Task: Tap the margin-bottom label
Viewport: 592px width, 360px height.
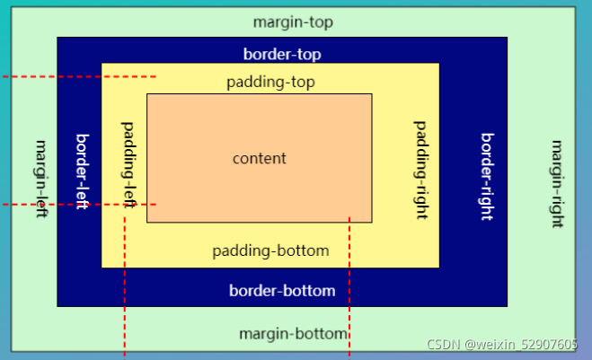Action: tap(293, 334)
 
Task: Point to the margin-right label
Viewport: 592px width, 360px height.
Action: tap(556, 183)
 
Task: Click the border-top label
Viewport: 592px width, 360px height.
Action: tap(281, 54)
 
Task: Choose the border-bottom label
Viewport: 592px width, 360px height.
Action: tap(282, 291)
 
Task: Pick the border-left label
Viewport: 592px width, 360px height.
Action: tap(82, 171)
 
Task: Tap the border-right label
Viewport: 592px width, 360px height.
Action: tap(487, 176)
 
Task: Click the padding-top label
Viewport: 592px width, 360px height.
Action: tap(270, 83)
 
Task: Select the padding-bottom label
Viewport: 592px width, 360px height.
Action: tap(270, 250)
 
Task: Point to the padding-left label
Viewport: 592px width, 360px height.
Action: tap(128, 165)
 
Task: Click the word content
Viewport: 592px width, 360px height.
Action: tap(259, 159)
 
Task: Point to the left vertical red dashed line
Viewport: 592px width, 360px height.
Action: tap(124, 287)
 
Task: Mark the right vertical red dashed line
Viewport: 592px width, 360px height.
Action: tap(349, 287)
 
